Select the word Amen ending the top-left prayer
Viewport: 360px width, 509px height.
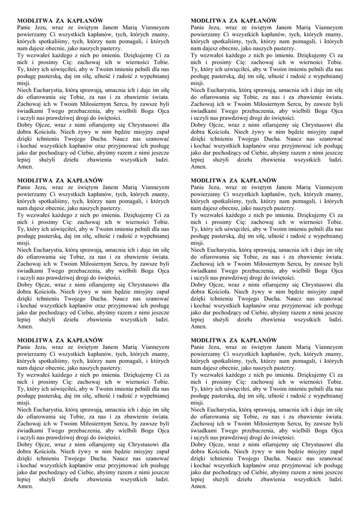coord(25,167)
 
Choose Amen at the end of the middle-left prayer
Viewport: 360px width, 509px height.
coord(25,327)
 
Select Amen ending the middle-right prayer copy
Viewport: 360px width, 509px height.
coord(198,327)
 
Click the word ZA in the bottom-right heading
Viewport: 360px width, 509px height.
coord(232,339)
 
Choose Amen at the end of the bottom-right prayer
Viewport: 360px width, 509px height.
coord(198,487)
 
